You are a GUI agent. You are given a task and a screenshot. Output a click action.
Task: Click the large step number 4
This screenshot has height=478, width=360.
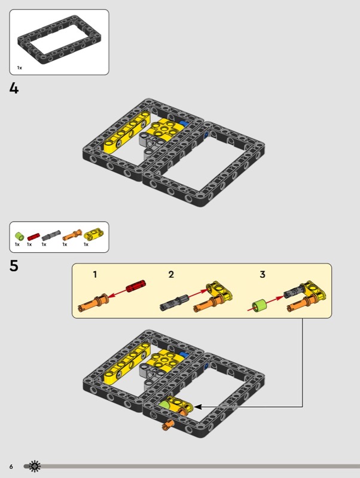14,88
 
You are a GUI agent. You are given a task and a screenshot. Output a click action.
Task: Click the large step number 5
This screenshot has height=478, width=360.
14,265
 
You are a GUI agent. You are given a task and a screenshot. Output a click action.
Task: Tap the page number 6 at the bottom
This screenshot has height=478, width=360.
11,467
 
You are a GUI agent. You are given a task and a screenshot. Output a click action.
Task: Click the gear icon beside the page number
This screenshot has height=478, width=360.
35,466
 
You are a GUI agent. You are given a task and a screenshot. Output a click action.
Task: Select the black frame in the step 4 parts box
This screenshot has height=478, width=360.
59,39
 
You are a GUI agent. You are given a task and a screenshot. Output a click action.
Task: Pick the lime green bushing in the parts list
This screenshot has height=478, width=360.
20,236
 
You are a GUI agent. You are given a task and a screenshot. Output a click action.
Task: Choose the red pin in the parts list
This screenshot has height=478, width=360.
33,237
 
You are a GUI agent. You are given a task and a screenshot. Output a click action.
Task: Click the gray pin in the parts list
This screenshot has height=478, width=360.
51,235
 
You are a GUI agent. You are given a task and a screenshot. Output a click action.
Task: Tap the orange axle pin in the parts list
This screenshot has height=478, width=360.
72,235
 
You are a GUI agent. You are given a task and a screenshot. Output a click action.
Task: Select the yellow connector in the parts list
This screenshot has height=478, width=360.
94,234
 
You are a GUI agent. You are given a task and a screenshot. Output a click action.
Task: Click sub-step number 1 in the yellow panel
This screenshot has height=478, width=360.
95,274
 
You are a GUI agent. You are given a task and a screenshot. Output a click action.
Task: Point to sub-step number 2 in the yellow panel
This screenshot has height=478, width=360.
171,274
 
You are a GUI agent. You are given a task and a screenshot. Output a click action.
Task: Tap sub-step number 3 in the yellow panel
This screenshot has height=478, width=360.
263,274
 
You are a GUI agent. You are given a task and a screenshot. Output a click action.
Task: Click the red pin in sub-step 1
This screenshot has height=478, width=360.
136,286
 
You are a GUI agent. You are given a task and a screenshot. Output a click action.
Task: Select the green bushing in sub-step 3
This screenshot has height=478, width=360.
260,306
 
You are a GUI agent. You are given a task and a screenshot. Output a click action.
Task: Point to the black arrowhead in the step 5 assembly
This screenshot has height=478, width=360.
198,407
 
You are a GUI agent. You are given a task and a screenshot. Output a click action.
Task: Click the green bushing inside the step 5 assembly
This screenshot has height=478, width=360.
164,405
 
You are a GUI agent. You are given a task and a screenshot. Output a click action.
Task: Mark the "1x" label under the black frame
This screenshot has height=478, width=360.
20,68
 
